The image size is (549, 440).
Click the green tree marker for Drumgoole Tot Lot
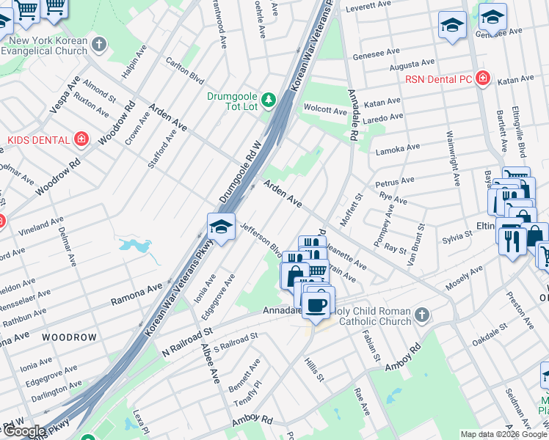[x=269, y=99]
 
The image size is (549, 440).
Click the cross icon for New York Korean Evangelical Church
[x=100, y=45]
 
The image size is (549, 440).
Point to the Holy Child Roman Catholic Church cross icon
[x=421, y=315]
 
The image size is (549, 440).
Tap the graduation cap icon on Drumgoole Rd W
[x=220, y=227]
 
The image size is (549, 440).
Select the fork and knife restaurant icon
[x=512, y=240]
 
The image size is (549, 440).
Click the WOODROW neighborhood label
[x=69, y=337]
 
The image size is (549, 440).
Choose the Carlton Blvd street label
[x=185, y=70]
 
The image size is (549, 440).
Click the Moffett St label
[x=351, y=210]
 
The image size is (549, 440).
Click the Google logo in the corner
[x=24, y=431]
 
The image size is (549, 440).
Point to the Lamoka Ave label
[x=397, y=149]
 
